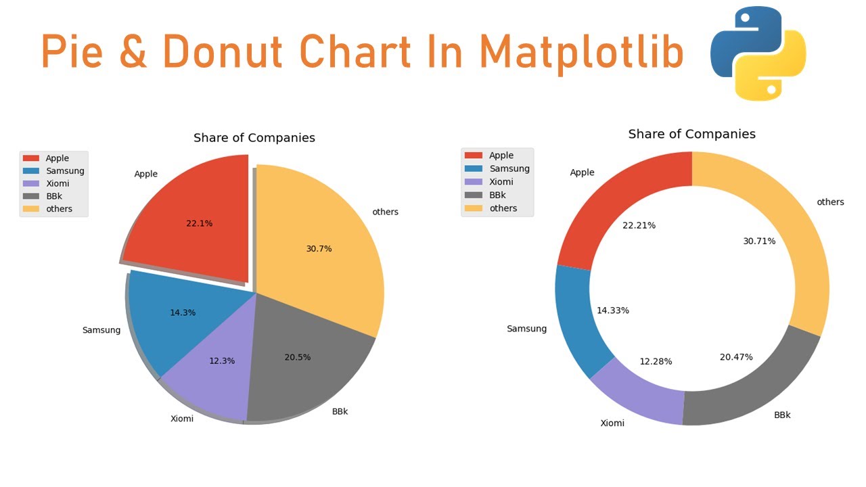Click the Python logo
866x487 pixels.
pos(758,53)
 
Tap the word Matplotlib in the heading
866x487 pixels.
pos(582,53)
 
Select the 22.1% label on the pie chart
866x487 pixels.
pos(200,223)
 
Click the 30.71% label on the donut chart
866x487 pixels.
pos(759,241)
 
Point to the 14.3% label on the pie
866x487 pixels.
pos(183,312)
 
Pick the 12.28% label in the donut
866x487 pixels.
pos(656,361)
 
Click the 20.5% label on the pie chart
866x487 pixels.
pos(298,357)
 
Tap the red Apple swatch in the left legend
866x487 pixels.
pos(31,158)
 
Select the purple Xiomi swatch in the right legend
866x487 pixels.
pos(473,182)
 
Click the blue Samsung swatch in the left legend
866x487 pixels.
pos(31,171)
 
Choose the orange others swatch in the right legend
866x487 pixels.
pos(473,208)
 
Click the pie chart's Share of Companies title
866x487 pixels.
pos(254,138)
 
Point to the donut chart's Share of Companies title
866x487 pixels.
pos(691,134)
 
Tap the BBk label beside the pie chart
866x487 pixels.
pos(340,411)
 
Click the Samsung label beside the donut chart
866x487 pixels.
pos(526,329)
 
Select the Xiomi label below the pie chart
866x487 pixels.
pos(182,419)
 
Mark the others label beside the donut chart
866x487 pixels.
pos(830,202)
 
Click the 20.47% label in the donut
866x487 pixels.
pos(736,357)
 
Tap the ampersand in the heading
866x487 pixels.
pos(133,53)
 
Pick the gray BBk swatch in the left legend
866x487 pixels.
pos(31,196)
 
